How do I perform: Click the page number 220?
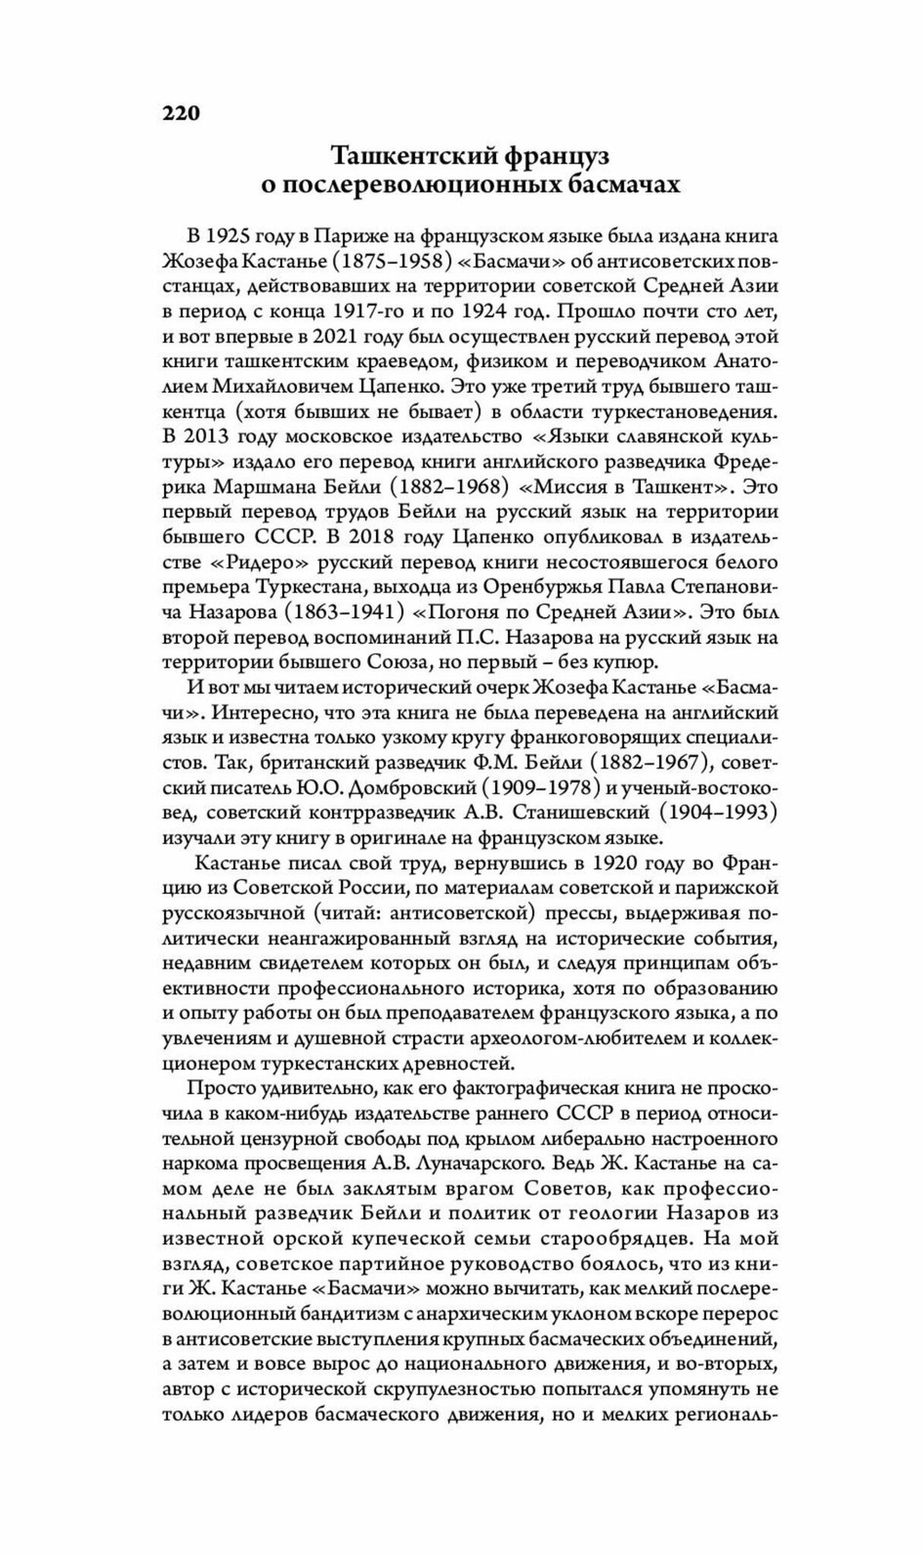click(x=181, y=113)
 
